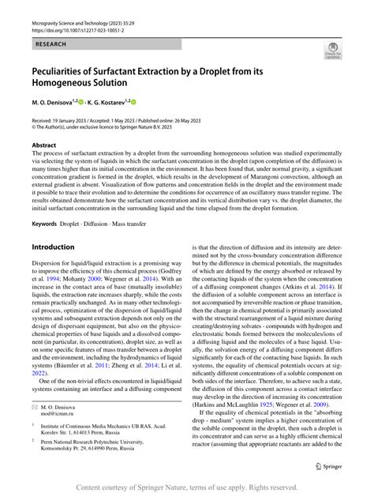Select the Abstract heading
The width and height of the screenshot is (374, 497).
click(43, 145)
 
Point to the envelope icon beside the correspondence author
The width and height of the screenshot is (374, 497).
click(36, 428)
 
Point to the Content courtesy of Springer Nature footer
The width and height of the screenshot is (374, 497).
click(186, 487)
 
